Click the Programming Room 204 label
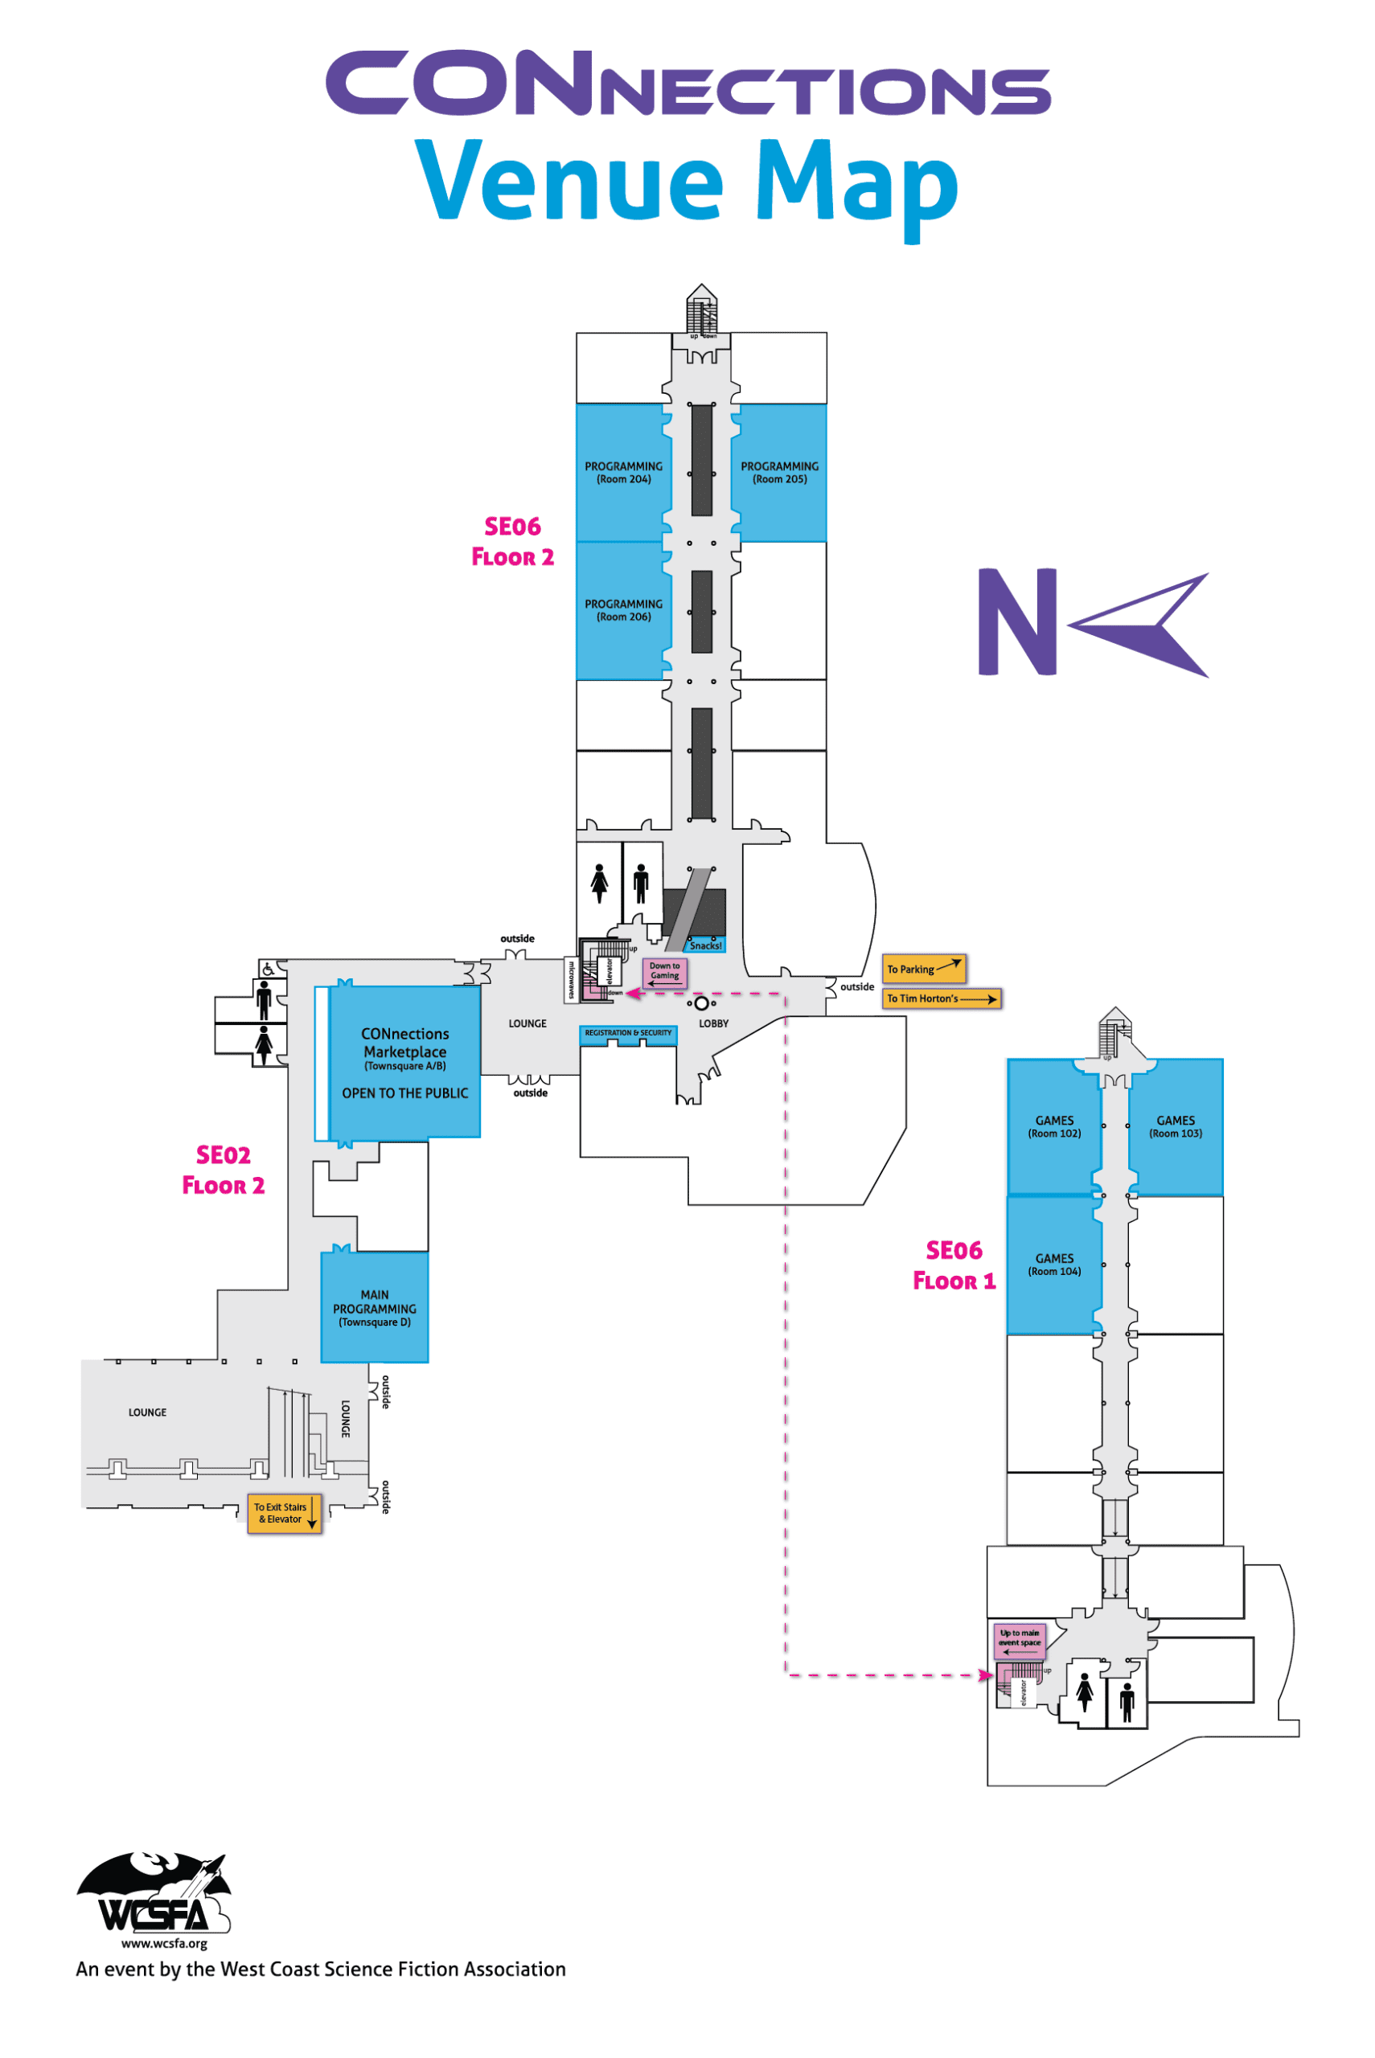(x=623, y=473)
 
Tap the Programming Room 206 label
(x=623, y=610)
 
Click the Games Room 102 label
(x=1054, y=1126)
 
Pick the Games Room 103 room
(x=1175, y=1126)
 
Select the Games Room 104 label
(x=1054, y=1264)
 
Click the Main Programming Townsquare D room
(x=375, y=1307)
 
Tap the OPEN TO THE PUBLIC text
(x=405, y=1093)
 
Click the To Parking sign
(x=923, y=969)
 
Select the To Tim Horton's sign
(x=941, y=998)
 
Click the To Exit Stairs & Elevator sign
(x=284, y=1513)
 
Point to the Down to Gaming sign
(x=665, y=971)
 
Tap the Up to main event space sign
(x=1019, y=1640)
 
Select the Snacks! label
(x=705, y=945)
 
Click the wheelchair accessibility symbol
(x=269, y=970)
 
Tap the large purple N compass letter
(x=1017, y=621)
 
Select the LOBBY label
(x=713, y=1023)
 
